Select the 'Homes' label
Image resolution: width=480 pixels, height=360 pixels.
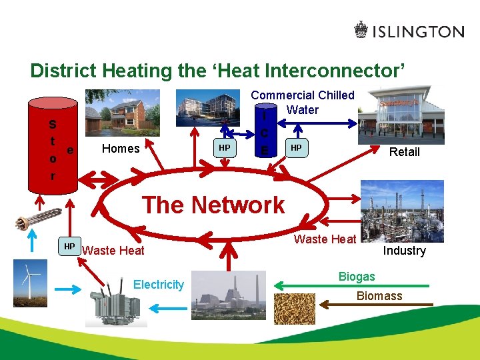click(x=120, y=149)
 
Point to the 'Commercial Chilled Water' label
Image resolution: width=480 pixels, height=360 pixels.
click(x=303, y=103)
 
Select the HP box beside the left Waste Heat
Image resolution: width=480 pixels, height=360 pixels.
click(x=69, y=247)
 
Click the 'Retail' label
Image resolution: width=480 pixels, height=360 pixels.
click(x=404, y=152)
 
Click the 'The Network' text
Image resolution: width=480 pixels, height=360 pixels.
click(x=213, y=205)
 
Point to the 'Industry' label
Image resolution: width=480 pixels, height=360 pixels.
click(x=404, y=251)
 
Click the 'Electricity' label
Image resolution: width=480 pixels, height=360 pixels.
click(x=158, y=285)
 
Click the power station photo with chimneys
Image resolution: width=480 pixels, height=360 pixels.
click(x=228, y=295)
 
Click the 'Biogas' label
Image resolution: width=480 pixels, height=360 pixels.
click(x=357, y=276)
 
